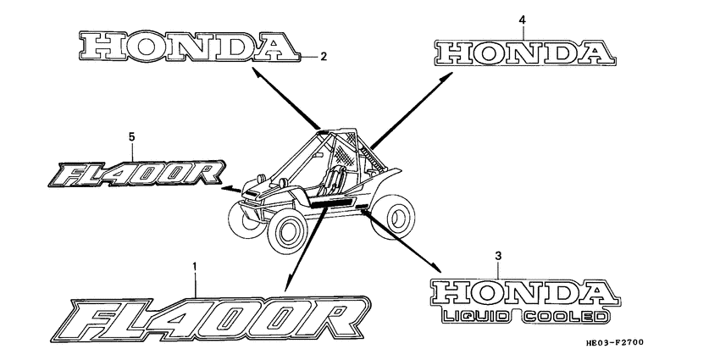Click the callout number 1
click(x=196, y=267)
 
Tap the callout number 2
click(x=323, y=57)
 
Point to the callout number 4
click(x=522, y=19)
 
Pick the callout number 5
click(x=132, y=136)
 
